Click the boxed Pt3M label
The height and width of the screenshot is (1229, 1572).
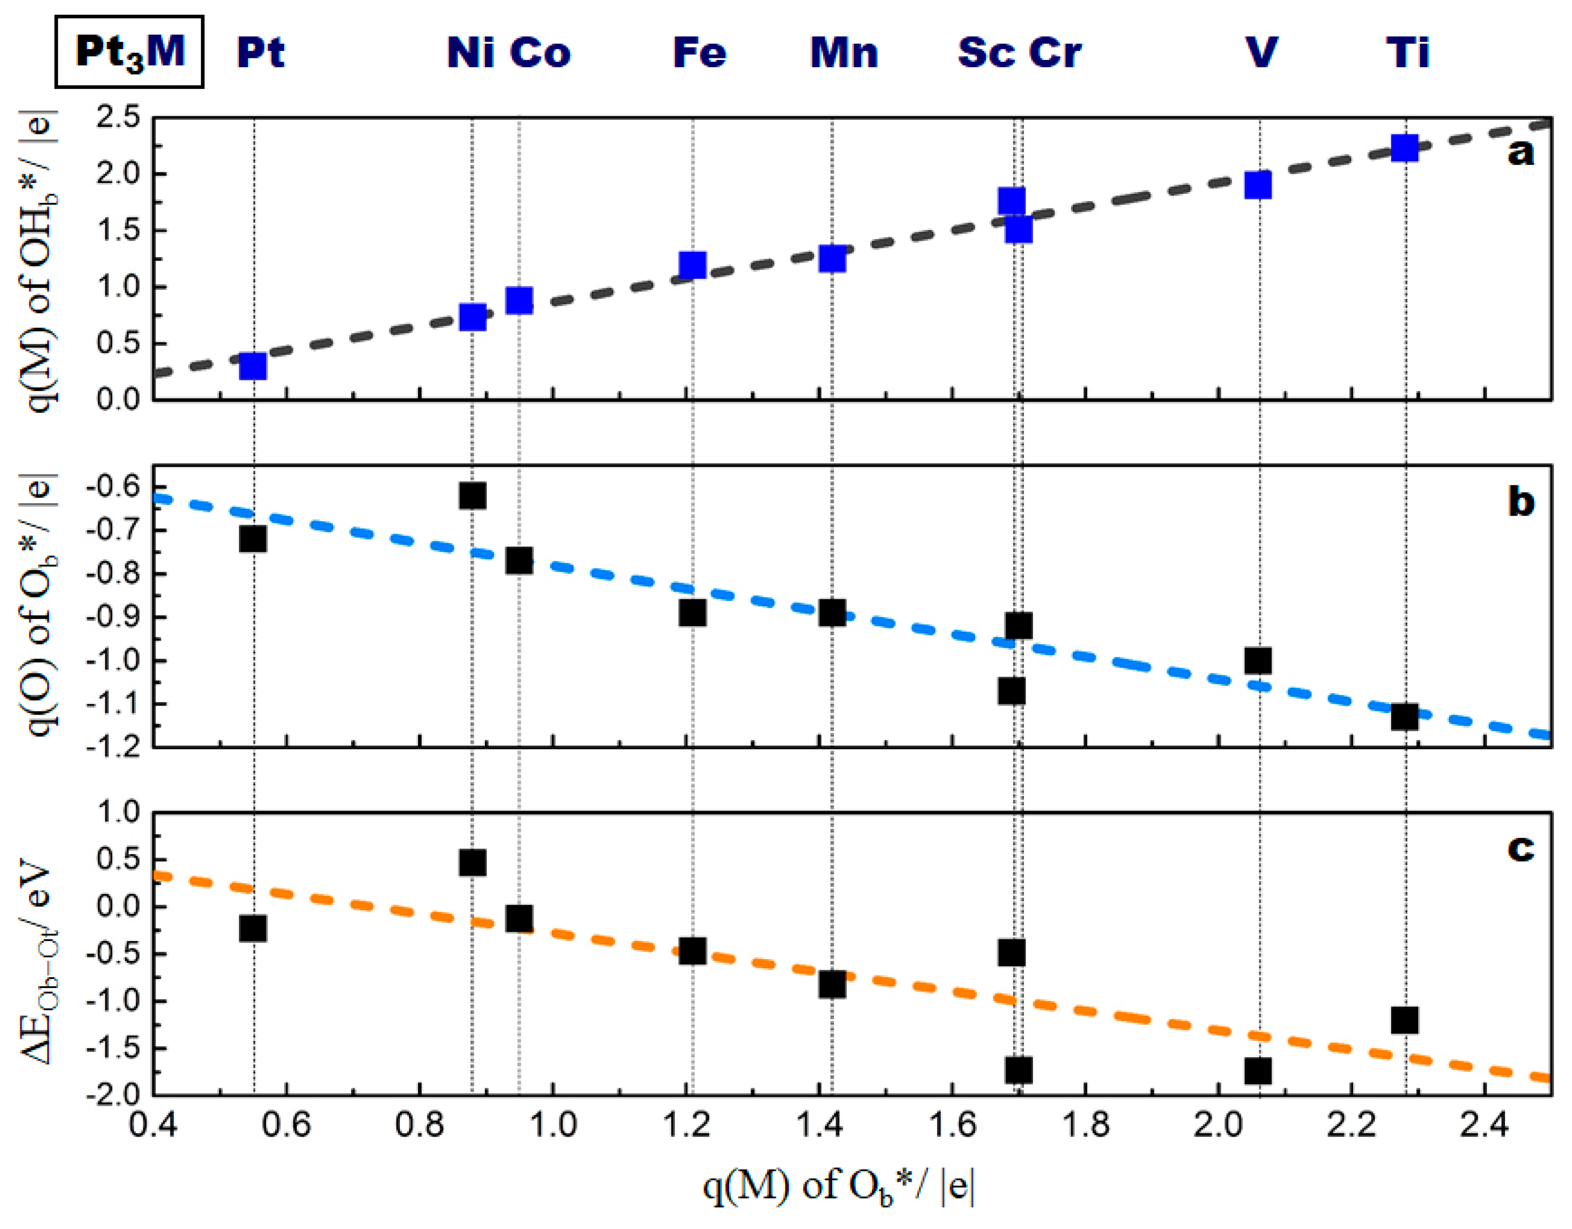pos(130,52)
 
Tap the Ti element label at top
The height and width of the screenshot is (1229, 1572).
pos(1407,52)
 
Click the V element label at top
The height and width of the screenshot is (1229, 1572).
pos(1261,52)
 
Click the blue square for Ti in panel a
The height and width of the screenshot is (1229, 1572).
pos(1404,148)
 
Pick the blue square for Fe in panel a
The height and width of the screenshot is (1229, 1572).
pos(692,265)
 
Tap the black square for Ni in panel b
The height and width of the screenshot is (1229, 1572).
pos(472,496)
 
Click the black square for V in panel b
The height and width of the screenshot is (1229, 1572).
pos(1258,660)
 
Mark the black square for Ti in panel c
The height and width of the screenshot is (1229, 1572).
pos(1404,1020)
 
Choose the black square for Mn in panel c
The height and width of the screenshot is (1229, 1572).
pos(832,984)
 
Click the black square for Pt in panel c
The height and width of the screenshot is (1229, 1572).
pos(253,928)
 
